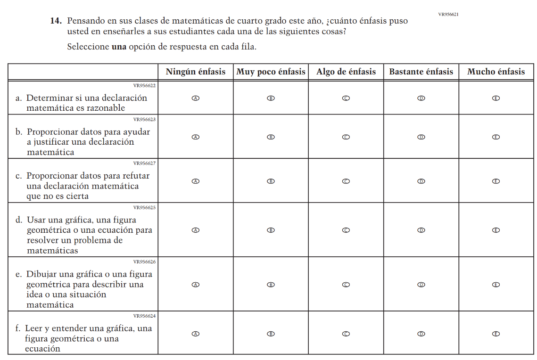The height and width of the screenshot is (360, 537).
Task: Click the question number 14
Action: coord(57,21)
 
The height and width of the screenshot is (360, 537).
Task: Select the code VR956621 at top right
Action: coord(448,14)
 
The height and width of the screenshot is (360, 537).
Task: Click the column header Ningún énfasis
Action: coord(196,72)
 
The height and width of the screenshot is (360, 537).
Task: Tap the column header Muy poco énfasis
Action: coord(271,72)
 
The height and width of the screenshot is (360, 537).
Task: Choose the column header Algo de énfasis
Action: coord(346,72)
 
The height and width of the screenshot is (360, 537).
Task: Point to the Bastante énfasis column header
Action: coord(421,72)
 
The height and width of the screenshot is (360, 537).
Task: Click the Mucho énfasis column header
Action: coord(496,72)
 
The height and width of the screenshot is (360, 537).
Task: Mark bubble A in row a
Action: coord(196,98)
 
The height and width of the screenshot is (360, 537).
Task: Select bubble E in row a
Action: coord(496,98)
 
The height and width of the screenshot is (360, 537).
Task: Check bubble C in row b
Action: coord(346,137)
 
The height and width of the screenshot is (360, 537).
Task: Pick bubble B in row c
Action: coord(271,181)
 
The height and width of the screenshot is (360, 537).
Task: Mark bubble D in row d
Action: coord(421,230)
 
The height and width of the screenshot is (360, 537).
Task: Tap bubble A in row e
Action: coord(196,285)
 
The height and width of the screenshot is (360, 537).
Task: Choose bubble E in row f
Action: coord(496,334)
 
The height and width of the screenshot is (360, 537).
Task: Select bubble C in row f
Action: coord(346,334)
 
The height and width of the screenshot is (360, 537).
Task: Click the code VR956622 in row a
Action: coord(144,86)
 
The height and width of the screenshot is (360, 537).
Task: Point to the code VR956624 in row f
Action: coord(144,316)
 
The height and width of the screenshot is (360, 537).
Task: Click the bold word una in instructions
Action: coord(119,47)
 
